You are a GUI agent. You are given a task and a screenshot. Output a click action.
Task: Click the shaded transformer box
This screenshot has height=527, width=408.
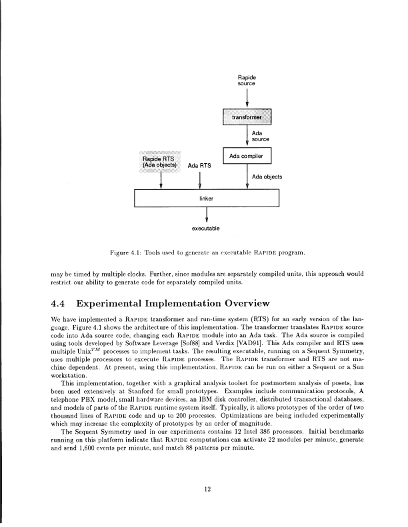247,118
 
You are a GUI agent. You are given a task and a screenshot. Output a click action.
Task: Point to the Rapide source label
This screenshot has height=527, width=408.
247,81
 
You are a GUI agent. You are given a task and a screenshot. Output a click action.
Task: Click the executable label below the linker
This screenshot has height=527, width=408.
206,229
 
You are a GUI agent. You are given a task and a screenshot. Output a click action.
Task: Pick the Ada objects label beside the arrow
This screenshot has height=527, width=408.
268,177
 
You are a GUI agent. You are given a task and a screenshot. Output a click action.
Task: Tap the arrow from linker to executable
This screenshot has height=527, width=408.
206,215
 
